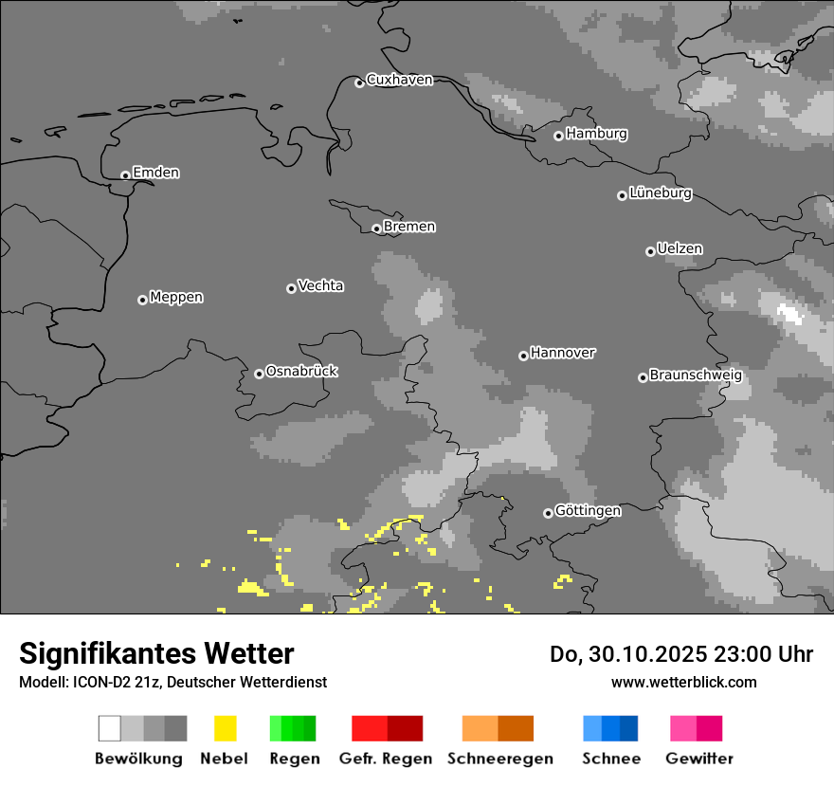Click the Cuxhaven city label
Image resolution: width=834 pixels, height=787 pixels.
point(399,80)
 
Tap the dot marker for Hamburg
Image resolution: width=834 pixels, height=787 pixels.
point(558,136)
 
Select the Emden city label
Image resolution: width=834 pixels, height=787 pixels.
point(155,173)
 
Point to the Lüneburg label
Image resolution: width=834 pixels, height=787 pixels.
point(660,192)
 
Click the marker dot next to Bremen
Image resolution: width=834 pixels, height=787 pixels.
point(376,229)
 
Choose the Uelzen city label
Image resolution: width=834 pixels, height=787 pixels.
point(680,248)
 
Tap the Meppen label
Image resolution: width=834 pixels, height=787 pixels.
point(176,297)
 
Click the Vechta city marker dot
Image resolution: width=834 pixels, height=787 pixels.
point(291,288)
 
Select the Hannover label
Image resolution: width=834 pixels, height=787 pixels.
point(562,353)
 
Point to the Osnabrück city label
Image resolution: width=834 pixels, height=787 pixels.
point(301,371)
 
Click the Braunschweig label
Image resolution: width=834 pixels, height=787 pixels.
point(696,375)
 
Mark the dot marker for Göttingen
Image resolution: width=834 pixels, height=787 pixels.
point(548,513)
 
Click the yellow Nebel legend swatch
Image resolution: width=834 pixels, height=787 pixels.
point(225,728)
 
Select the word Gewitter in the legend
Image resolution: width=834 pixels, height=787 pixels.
point(699,759)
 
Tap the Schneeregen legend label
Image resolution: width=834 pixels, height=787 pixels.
point(499,759)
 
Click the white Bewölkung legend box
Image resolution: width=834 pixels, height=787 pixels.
point(110,728)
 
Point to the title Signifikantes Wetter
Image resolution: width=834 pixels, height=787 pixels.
point(156,653)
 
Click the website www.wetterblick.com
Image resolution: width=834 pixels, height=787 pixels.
point(683,682)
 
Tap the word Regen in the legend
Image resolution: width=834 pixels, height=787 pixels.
point(295,759)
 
